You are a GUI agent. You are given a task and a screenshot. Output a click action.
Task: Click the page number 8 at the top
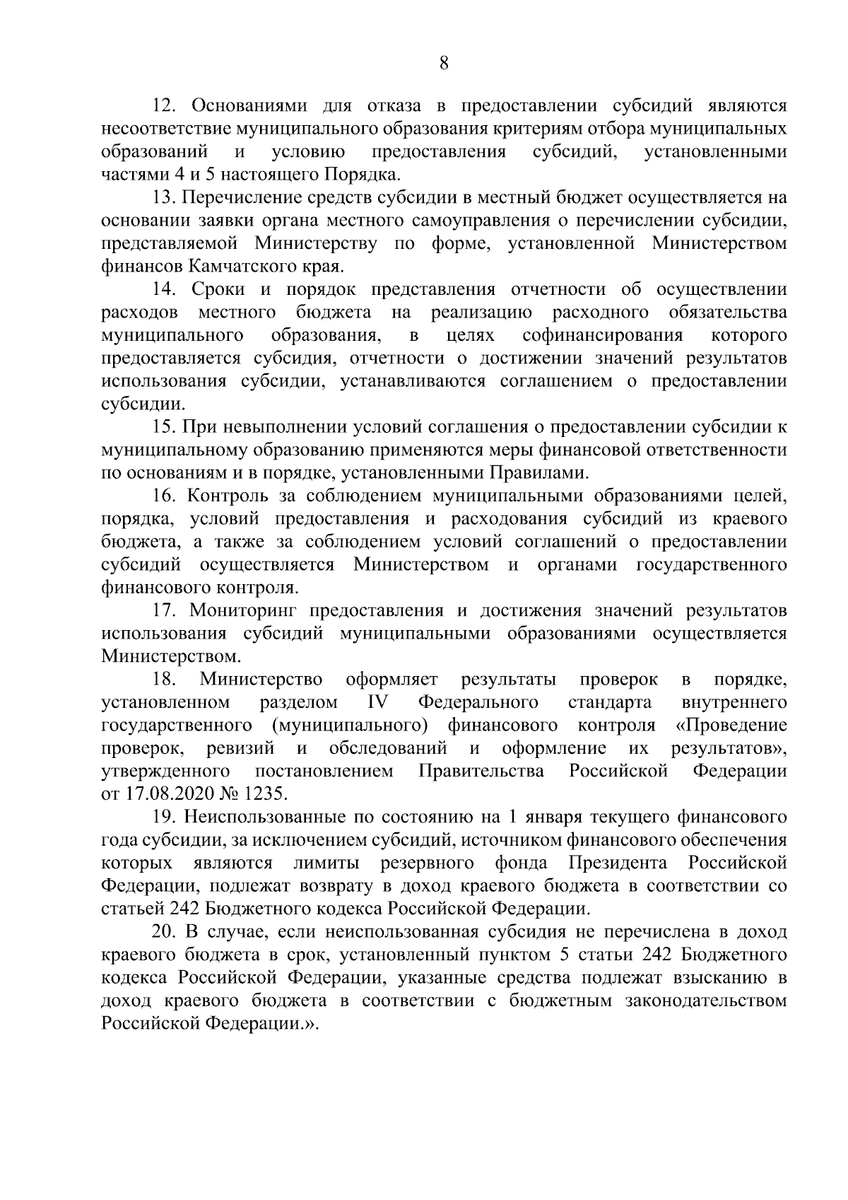tap(443, 64)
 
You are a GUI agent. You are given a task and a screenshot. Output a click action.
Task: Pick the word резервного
tap(427, 863)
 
